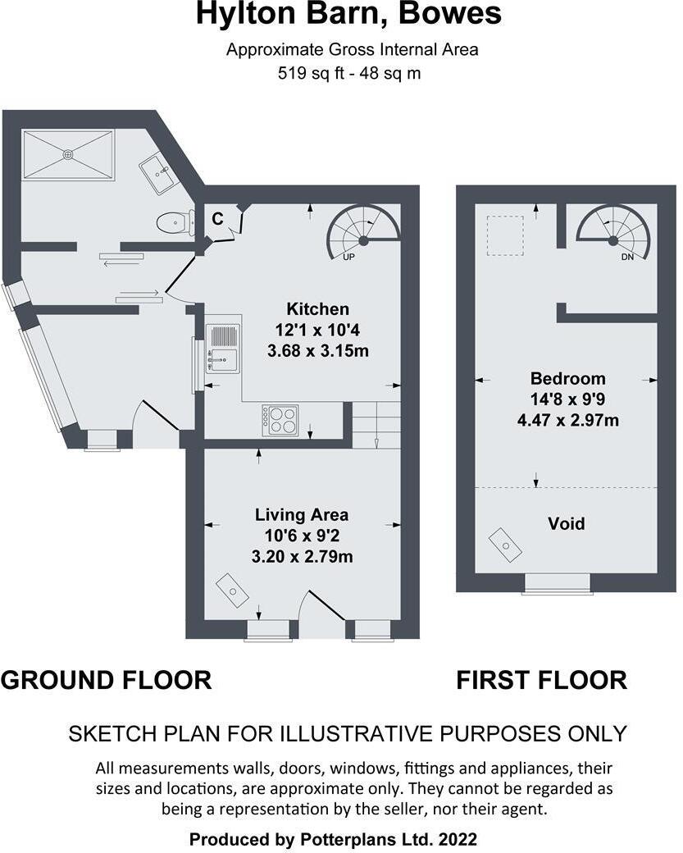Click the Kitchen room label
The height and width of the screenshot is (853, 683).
(317, 309)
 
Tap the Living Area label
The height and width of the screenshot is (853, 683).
(301, 515)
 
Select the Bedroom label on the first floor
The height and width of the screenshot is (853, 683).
(567, 378)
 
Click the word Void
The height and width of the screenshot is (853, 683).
(567, 522)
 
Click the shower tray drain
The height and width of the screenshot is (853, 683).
(68, 153)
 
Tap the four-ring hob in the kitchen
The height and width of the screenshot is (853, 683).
(280, 421)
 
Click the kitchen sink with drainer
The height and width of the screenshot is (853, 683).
(222, 347)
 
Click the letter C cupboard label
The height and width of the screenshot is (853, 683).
(217, 219)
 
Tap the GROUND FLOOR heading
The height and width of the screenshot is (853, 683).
(106, 680)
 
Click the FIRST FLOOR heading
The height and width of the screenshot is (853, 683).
(541, 680)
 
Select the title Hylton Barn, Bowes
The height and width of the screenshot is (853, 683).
(348, 14)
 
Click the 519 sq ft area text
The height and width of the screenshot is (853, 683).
(352, 73)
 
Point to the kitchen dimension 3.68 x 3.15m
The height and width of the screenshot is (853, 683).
(317, 350)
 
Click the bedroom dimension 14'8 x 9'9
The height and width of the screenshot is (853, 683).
(567, 399)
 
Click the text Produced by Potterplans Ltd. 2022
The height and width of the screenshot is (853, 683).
(333, 839)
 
